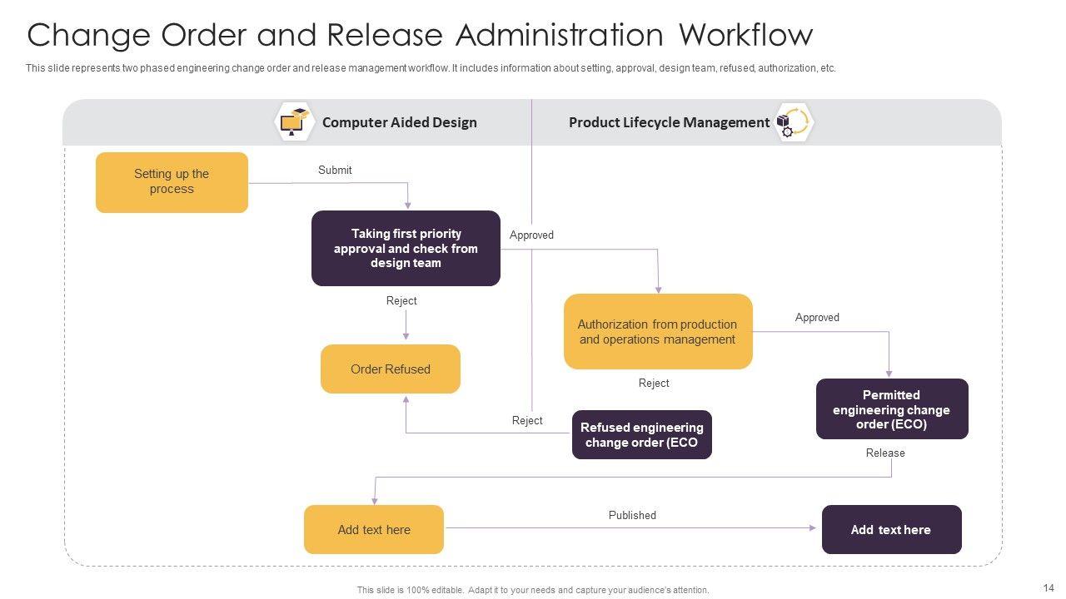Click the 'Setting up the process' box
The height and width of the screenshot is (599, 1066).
(172, 182)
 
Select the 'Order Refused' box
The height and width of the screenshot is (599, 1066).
(390, 369)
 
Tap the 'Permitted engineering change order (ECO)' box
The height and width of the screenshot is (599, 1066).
(891, 408)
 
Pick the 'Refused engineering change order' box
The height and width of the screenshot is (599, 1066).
(641, 434)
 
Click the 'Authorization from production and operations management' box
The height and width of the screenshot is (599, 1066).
(657, 331)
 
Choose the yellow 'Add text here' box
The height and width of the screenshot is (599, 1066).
(373, 529)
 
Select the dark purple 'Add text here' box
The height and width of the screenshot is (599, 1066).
(891, 529)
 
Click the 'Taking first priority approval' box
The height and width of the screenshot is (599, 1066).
(406, 248)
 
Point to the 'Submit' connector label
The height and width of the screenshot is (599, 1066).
(335, 170)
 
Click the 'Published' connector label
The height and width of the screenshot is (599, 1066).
(632, 515)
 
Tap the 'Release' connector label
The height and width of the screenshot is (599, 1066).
(884, 453)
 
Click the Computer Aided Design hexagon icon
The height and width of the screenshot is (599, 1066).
(293, 122)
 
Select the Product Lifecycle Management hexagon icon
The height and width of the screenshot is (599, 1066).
(794, 122)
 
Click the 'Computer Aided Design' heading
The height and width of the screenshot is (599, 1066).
(399, 122)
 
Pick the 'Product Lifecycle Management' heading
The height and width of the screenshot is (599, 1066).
(669, 122)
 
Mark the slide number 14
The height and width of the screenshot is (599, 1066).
(1048, 587)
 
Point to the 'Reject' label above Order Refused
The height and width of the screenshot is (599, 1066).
(401, 300)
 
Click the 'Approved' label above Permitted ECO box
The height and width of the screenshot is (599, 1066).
(817, 317)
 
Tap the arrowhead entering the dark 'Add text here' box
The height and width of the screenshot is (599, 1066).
(813, 528)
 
